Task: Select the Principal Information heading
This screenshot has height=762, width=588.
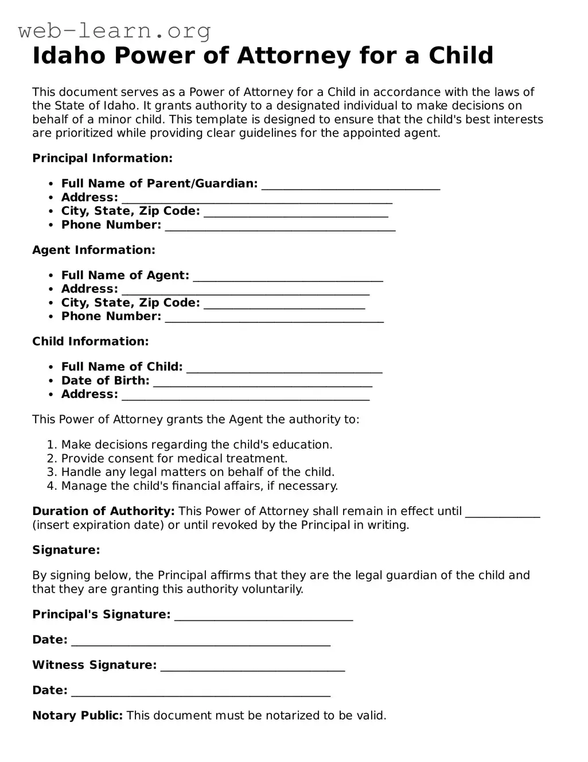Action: [x=102, y=158]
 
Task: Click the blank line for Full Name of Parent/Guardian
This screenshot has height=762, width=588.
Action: [x=351, y=185]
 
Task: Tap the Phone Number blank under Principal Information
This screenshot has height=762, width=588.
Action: [x=280, y=226]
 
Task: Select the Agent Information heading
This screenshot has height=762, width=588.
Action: [x=94, y=250]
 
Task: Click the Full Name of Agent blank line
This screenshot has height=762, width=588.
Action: [x=288, y=277]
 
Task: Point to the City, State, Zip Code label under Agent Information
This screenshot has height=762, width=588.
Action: [x=130, y=303]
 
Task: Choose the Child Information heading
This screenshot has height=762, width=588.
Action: [x=90, y=341]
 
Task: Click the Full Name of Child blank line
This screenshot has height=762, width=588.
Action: [x=285, y=368]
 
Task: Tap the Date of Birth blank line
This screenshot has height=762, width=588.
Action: [x=263, y=382]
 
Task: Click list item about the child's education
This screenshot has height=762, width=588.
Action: [x=196, y=444]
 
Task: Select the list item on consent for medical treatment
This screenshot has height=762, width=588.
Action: [x=174, y=458]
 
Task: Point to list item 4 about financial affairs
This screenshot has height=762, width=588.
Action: [x=199, y=486]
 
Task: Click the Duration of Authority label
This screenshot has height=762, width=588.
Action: [x=103, y=511]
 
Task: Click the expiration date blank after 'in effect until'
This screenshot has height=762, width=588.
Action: [x=503, y=512]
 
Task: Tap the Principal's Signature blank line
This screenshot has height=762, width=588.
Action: [x=263, y=616]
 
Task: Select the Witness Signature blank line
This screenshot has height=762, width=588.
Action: [x=252, y=667]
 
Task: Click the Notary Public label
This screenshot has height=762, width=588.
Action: [x=77, y=715]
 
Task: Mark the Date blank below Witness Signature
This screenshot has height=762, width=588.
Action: [x=201, y=692]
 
